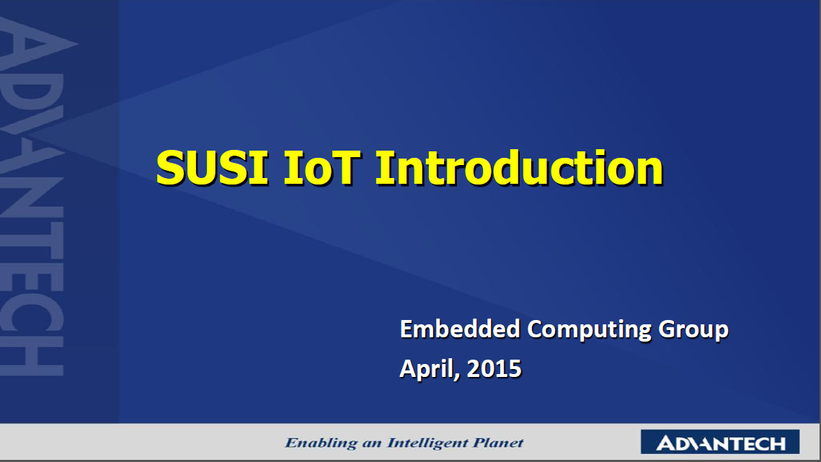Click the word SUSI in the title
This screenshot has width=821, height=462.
click(213, 168)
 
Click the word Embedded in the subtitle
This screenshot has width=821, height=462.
click(461, 329)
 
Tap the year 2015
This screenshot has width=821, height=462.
click(494, 369)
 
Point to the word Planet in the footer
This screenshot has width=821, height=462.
click(498, 443)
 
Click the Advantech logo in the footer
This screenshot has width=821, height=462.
click(720, 442)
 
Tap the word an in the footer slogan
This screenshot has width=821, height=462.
click(372, 444)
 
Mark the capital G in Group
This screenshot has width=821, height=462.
click(668, 329)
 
